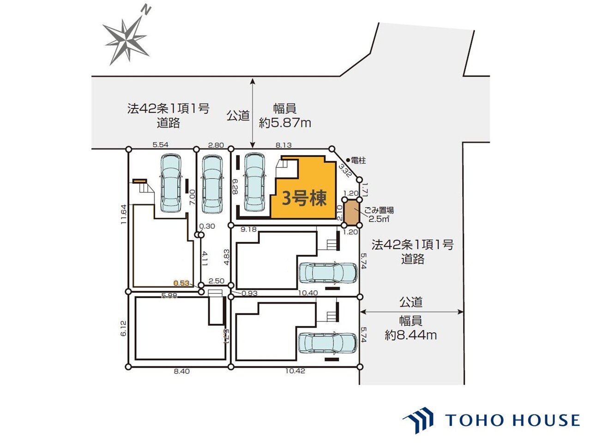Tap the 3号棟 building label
point(304,198)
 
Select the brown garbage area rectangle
point(352,212)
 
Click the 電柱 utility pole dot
point(348,160)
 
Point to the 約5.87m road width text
point(285,123)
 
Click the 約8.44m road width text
point(410,335)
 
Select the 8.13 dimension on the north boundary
point(283,145)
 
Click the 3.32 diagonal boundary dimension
point(345,171)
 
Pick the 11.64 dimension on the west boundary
point(123,215)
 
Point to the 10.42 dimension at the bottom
point(295,371)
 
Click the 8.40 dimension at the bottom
point(182,371)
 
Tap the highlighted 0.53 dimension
point(181,283)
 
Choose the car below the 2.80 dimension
point(212,184)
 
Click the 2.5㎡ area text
point(379,219)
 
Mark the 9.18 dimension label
point(248,229)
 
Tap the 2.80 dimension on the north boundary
point(216,145)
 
